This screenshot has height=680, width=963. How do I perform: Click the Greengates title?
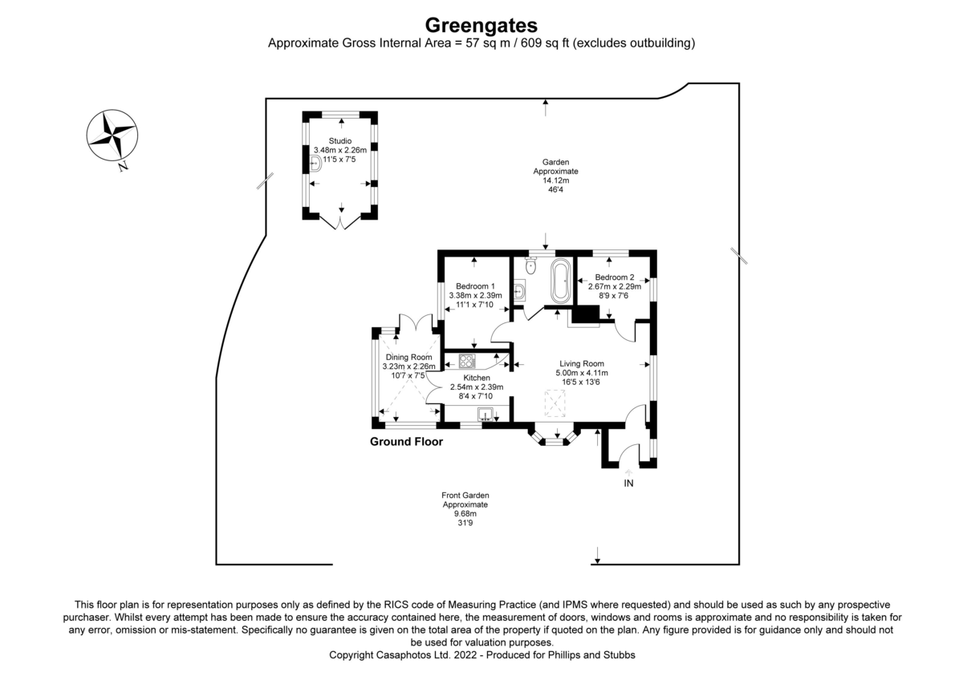[481, 26]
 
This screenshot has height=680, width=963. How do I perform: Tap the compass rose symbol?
[112, 136]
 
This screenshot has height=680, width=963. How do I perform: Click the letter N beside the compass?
[124, 166]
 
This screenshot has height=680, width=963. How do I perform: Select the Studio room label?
[340, 141]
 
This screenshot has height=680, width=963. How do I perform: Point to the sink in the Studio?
[316, 164]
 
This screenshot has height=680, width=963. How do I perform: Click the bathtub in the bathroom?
[561, 281]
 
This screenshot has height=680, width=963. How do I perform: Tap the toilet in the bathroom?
[531, 265]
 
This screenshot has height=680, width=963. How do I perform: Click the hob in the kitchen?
[467, 360]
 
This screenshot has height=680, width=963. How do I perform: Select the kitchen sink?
[486, 414]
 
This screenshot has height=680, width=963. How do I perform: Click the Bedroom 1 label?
[475, 286]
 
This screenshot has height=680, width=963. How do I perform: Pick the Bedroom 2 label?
[615, 277]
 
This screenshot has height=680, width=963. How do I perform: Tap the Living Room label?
[582, 363]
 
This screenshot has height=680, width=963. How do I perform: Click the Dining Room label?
[408, 357]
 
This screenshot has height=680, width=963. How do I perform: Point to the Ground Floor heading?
[406, 442]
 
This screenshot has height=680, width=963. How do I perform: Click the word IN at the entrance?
[628, 484]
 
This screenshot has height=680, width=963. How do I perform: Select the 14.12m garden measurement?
[556, 180]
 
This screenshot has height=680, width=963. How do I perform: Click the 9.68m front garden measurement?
[465, 514]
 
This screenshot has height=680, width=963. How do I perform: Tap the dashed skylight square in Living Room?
[555, 403]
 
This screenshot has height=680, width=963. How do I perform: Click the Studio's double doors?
[340, 223]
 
